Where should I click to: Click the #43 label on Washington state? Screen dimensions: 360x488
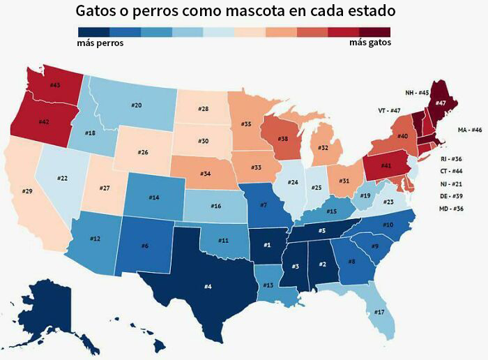coord(56,84)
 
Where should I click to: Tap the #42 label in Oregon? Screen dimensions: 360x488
coord(43,121)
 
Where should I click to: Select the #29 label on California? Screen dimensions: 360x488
coord(27,190)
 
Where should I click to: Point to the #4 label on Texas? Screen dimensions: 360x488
coord(208,285)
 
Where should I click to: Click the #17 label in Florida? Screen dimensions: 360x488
coord(379,312)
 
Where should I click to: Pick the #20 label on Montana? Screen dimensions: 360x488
coord(137,105)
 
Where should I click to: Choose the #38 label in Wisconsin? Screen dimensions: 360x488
coord(283,138)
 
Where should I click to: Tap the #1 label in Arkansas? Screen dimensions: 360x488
coord(266,245)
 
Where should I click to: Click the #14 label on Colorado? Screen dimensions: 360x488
coord(154,197)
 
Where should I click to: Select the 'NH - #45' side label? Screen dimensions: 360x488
coord(417,92)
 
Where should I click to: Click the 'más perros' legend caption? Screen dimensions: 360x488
coord(100,43)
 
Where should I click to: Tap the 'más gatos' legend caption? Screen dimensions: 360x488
coord(369,43)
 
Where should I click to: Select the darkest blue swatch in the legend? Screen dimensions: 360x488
coord(93,31)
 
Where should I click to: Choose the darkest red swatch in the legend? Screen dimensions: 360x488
coord(375,31)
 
